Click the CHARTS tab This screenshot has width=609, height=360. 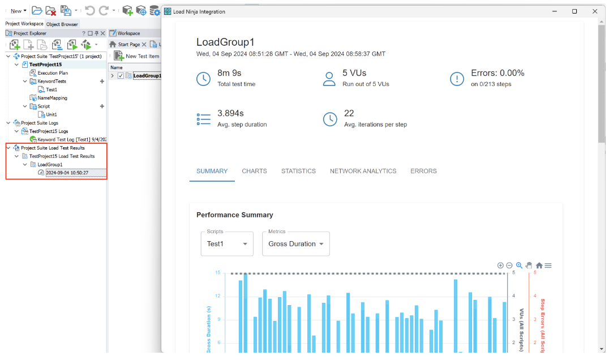[254, 171]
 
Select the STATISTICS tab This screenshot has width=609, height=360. [298, 171]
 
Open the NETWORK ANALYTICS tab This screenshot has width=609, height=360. [363, 171]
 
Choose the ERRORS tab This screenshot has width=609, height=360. [423, 171]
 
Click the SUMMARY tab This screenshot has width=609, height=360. [212, 171]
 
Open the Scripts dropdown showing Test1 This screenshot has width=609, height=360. [226, 243]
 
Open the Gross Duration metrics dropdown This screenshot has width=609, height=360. [295, 243]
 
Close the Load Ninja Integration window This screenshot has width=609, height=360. [594, 11]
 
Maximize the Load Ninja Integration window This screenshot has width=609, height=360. [574, 11]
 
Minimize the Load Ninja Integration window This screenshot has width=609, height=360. [554, 11]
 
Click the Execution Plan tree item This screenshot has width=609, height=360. [53, 73]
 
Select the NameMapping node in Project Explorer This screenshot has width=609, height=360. [52, 98]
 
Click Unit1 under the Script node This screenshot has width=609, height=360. [51, 114]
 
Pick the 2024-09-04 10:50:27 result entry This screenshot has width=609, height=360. [67, 173]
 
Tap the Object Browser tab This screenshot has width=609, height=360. [62, 24]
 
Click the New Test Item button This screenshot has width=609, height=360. [142, 56]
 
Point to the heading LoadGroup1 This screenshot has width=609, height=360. [225, 42]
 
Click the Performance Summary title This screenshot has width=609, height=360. [234, 215]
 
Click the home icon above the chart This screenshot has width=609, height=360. [539, 265]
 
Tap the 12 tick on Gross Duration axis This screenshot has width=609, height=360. [217, 296]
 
